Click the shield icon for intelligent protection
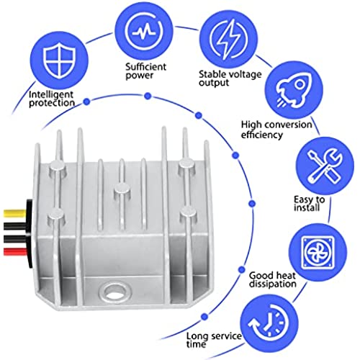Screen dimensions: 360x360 click(x=60, y=60)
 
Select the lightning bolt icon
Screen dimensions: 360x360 click(x=228, y=39)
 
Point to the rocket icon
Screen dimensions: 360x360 click(x=294, y=90)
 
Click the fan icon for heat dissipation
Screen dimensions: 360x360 click(x=318, y=252)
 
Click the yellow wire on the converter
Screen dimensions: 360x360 click(x=15, y=213)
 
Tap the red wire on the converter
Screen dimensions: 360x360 click(x=15, y=251)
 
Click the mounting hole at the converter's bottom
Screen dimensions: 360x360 click(x=114, y=291)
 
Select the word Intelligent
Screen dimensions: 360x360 click(x=51, y=95)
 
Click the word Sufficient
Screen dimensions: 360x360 click(x=145, y=66)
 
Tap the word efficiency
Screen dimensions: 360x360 click(x=262, y=135)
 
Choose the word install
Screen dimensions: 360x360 click(x=307, y=207)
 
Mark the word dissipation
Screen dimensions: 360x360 click(x=273, y=284)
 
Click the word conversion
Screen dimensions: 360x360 click(x=289, y=125)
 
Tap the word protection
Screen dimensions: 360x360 click(x=52, y=103)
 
